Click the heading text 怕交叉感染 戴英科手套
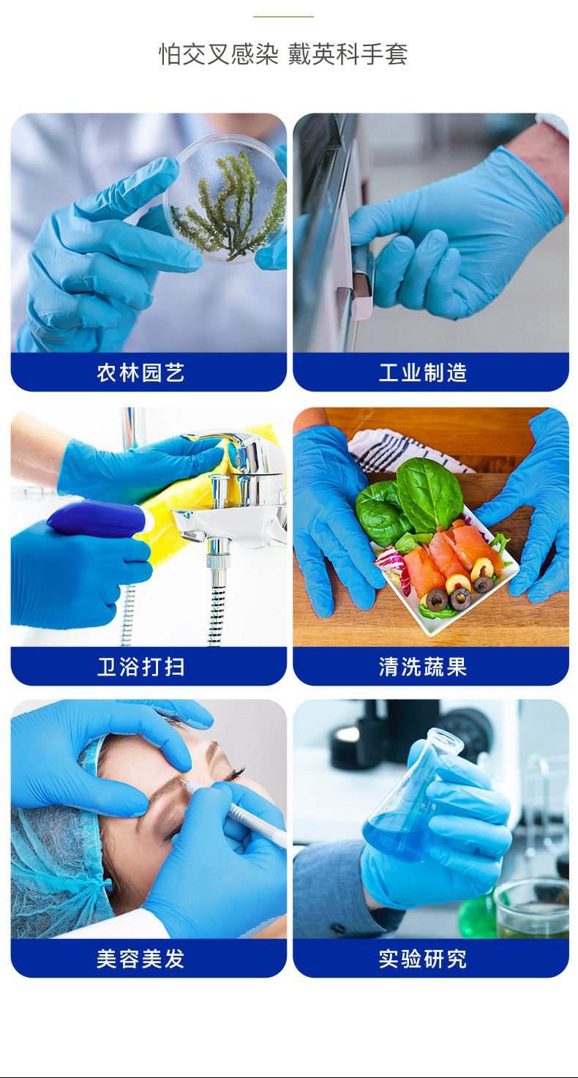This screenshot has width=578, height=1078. tap(283, 54)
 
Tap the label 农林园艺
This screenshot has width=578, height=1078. tap(140, 373)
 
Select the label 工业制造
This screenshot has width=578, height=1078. tap(423, 373)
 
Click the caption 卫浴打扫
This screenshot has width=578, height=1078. tap(140, 667)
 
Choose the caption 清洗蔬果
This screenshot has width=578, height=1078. tap(423, 667)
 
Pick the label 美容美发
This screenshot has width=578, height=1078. tap(140, 959)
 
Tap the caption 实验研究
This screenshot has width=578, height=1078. tap(423, 959)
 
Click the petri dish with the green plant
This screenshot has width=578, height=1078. tap(226, 198)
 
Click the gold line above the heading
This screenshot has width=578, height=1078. tap(283, 16)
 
